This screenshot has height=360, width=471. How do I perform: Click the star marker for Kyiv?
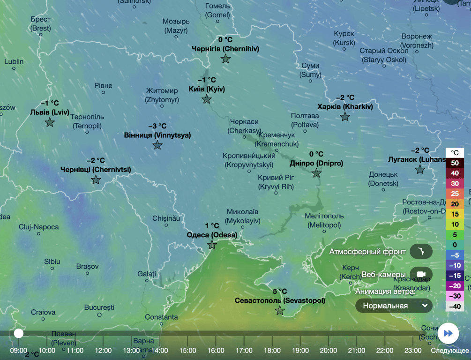click(207, 99)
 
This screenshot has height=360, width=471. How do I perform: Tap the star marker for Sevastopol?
click(280, 310)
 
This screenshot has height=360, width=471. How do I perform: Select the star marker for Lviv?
click(50, 122)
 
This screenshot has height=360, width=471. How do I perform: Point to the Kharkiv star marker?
click(345, 117)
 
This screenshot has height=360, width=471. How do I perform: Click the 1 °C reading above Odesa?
click(212, 226)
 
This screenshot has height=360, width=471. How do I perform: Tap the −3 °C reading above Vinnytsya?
click(157, 126)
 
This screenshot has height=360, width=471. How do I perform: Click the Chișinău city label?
click(166, 218)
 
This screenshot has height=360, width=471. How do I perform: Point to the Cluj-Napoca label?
click(39, 227)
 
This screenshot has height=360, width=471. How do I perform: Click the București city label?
click(99, 307)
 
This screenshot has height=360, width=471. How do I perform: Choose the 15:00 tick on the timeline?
click(187, 350)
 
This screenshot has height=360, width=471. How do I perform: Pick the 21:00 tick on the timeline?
click(357, 350)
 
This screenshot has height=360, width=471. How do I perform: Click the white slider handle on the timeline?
click(18, 333)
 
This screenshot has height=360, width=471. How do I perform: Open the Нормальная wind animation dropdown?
click(394, 306)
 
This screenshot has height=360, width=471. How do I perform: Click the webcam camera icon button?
click(421, 274)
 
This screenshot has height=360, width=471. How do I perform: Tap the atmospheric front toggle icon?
click(421, 252)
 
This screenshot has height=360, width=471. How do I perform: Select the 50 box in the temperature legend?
click(455, 163)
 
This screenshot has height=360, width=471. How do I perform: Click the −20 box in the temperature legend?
click(455, 286)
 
